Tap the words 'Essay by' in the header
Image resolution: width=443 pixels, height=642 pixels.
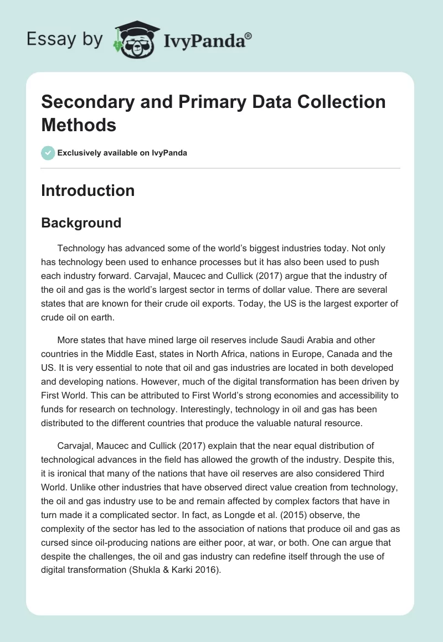[64, 39]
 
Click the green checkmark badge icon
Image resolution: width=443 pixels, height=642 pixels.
[48, 153]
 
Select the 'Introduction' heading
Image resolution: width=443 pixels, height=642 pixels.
[88, 190]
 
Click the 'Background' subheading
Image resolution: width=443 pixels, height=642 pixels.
[81, 223]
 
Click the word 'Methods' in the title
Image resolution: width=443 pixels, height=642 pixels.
[79, 125]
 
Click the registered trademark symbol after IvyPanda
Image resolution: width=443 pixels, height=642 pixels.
[249, 35]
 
